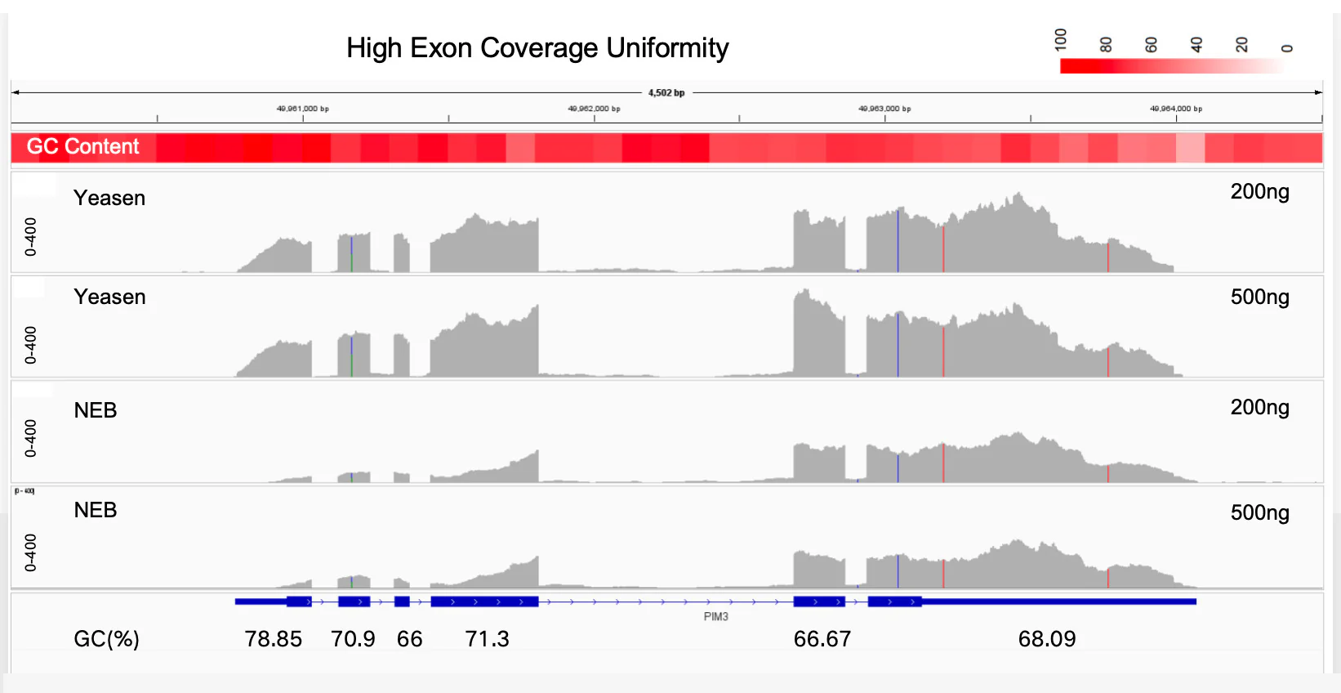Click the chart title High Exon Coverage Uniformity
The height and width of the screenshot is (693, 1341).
pos(537,48)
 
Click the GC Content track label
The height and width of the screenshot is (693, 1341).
pos(82,147)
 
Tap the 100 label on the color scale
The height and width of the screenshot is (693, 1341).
pos(1061,39)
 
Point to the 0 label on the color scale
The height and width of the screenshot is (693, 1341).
pos(1287,47)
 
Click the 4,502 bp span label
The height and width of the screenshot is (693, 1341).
pos(666,93)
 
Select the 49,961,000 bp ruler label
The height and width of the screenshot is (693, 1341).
pos(302,109)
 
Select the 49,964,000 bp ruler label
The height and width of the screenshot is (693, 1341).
pos(1175,109)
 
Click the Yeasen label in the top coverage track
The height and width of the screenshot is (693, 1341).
pos(109,199)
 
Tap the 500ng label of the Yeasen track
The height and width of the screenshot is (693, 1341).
pos(1259,297)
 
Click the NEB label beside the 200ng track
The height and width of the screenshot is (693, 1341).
pos(96,410)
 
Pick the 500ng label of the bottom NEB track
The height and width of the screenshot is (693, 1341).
pos(1259,513)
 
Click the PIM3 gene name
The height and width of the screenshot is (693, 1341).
pos(715,617)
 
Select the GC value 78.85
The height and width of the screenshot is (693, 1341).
pos(274,639)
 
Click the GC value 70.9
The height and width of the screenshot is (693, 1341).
pos(353,639)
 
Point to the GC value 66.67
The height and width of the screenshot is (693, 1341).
pos(822,639)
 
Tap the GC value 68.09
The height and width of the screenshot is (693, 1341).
pos(1047,639)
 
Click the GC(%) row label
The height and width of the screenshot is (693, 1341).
pos(106,639)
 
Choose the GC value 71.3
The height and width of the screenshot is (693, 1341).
pos(487,639)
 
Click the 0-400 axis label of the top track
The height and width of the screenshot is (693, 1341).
pos(30,237)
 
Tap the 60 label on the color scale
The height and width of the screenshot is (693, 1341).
pos(1152,45)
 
